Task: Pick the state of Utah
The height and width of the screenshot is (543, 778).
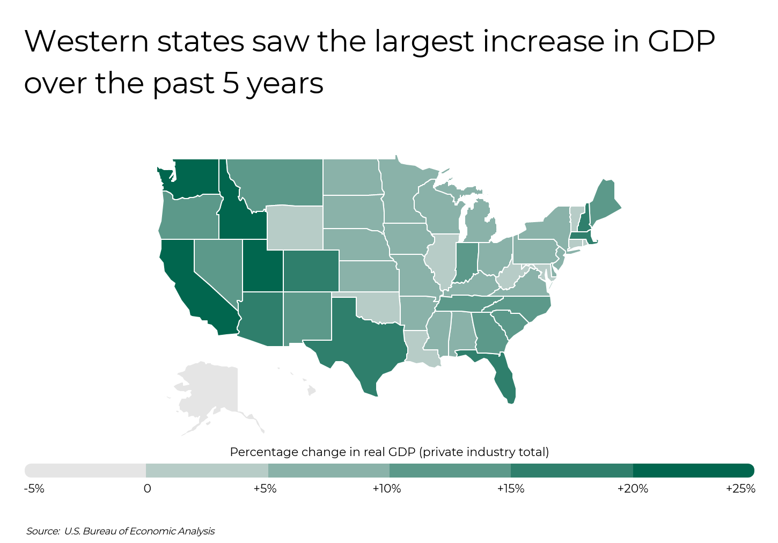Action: click(262, 266)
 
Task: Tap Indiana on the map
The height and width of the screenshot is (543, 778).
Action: click(467, 260)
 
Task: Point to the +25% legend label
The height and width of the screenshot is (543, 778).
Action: click(740, 489)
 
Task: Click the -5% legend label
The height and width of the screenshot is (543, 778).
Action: click(34, 489)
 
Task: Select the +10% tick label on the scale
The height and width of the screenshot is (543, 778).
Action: click(386, 489)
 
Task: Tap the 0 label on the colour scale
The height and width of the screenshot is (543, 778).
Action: click(147, 489)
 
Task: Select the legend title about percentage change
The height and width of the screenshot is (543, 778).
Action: click(389, 452)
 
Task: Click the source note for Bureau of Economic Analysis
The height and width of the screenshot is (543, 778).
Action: click(121, 531)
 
